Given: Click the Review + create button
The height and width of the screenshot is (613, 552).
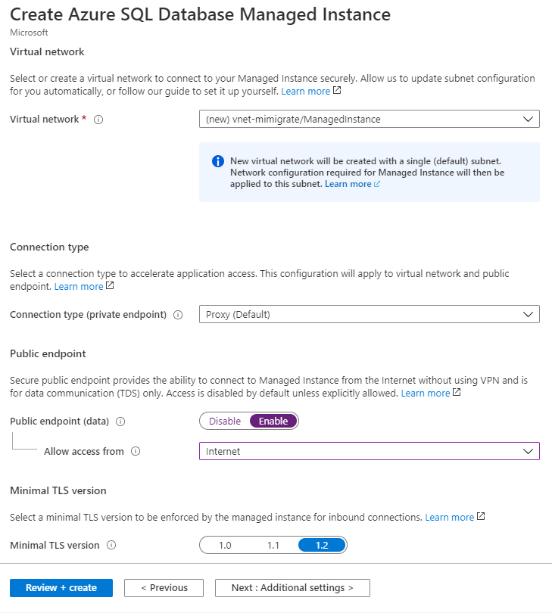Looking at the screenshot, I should [61, 588].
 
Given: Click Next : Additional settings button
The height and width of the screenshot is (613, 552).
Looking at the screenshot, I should [292, 588].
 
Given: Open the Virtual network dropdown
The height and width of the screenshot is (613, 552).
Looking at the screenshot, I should [369, 119].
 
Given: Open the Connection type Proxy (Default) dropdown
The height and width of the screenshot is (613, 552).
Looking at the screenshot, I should [369, 314].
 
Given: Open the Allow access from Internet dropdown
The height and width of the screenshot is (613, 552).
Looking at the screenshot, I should [369, 451].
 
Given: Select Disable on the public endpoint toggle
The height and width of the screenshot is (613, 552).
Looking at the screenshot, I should [225, 421].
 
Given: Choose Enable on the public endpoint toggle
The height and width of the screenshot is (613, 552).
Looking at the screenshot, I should [273, 421].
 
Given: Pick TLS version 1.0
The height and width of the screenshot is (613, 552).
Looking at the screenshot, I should [225, 545].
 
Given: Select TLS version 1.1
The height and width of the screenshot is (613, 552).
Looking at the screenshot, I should [273, 545].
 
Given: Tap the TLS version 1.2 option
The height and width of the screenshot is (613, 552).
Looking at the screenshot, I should [322, 545].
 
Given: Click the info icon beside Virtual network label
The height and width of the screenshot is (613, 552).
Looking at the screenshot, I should [98, 120].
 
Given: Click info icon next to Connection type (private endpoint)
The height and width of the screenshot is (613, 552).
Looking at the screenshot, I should [178, 315].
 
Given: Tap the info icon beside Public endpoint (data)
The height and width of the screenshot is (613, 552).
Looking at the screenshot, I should [120, 422].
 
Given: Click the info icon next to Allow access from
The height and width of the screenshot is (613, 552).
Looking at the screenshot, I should [136, 452].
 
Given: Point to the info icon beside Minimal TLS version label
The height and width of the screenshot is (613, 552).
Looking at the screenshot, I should [111, 545].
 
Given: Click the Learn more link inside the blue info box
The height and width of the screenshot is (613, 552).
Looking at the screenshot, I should [348, 184].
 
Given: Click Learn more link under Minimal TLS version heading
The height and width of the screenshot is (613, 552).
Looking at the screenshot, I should [449, 517].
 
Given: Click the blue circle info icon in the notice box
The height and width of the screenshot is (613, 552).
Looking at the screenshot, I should [218, 161].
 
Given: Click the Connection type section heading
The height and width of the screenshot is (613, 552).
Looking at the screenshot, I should [49, 247].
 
